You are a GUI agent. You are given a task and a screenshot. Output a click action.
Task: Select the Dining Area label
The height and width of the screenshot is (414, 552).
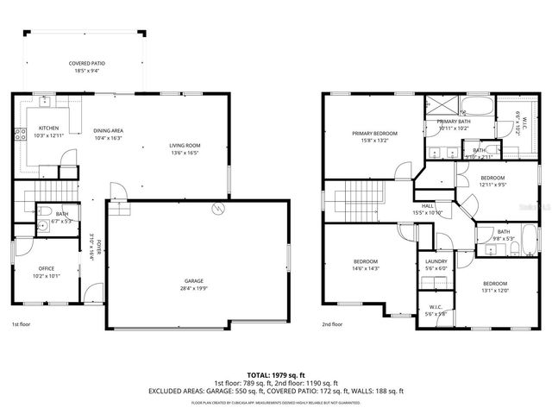pyautogui.click(x=108, y=130)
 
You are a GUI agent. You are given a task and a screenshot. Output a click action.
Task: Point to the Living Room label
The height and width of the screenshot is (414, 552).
pyautogui.click(x=184, y=145)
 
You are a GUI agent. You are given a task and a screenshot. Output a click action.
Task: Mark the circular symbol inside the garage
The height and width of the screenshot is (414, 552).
pyautogui.click(x=218, y=210)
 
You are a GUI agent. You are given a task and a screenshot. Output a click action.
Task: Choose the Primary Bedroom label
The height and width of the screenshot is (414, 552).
pyautogui.click(x=374, y=134)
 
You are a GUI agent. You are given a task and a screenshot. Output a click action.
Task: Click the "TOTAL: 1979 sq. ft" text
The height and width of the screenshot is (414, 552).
pyautogui.click(x=275, y=374)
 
